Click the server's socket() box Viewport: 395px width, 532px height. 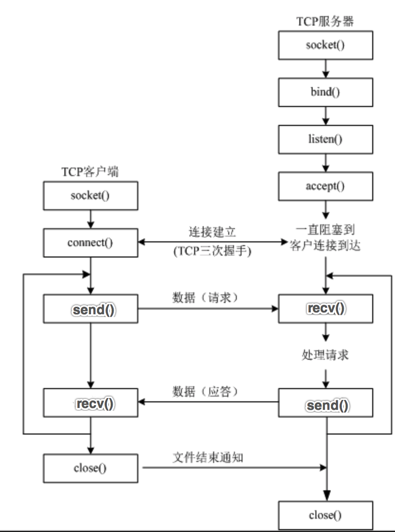tap(325, 45)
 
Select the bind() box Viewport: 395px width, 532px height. tap(325, 92)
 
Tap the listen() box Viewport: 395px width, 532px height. tap(325, 139)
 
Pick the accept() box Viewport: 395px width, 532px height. tap(325, 186)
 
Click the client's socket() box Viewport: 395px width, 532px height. tap(90, 195)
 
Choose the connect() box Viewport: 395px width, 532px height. tap(90, 243)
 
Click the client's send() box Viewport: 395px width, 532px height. tap(90, 310)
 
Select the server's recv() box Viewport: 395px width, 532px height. tap(325, 309)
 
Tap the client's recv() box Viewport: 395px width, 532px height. tap(90, 404)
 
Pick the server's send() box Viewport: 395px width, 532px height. tap(325, 405)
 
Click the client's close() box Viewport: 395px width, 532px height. tap(90, 468)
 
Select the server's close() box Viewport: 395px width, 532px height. tap(325, 515)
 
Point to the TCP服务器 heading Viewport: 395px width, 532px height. tap(325, 21)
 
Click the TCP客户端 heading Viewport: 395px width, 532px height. tap(90, 171)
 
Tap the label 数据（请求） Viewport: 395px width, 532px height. tap(205, 298)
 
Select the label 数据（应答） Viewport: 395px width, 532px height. tap(205, 392)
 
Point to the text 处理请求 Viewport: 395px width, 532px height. tap(325, 355)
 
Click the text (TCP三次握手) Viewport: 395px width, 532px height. tap(212, 252)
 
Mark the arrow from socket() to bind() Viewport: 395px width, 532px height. tap(325, 69)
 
